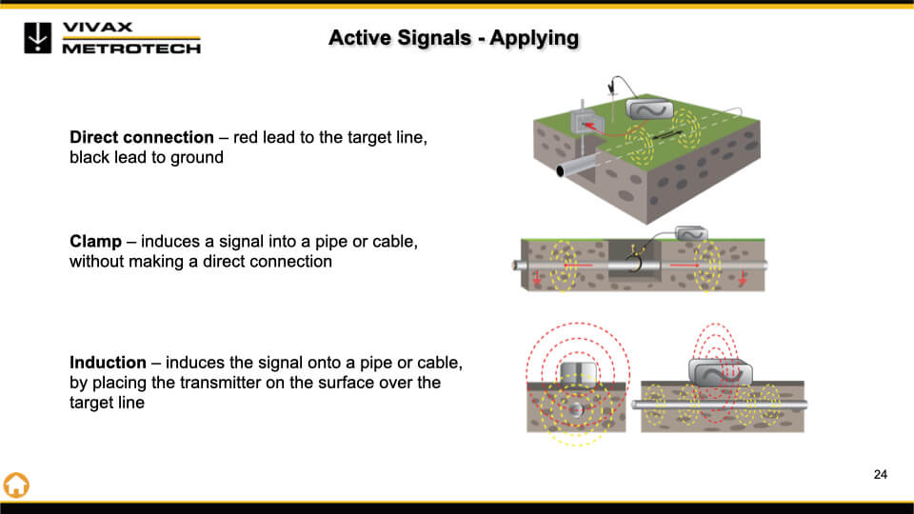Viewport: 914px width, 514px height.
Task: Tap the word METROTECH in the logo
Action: click(x=131, y=48)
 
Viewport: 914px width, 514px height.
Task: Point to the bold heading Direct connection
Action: click(x=142, y=137)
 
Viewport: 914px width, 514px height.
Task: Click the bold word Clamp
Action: click(x=95, y=241)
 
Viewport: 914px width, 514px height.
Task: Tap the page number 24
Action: click(x=880, y=474)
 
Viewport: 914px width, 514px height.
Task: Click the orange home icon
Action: click(x=16, y=484)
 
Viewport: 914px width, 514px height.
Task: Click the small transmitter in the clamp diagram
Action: click(x=690, y=234)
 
